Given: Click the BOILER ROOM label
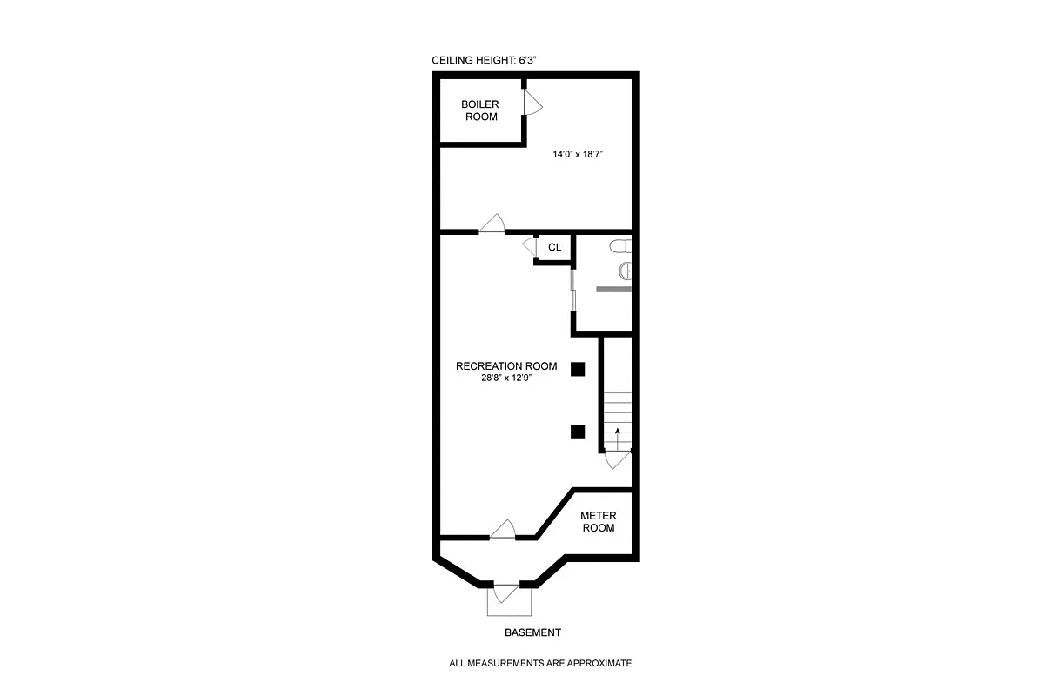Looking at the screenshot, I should (x=479, y=110).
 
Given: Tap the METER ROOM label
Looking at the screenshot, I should (x=598, y=522).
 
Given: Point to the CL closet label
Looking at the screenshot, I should (x=554, y=248).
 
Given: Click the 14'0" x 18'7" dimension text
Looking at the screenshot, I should (x=578, y=154).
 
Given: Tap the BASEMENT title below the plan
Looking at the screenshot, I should (x=532, y=632).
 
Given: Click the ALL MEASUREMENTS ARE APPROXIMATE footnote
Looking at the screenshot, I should (x=539, y=663).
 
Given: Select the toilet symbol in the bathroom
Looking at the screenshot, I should (x=620, y=246).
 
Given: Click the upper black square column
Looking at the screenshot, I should (x=577, y=369).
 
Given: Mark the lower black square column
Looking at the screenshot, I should (x=577, y=432).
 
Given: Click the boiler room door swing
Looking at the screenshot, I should (x=532, y=104).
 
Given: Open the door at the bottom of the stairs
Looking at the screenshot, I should (x=618, y=459).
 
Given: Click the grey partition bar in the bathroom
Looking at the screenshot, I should (x=612, y=288).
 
